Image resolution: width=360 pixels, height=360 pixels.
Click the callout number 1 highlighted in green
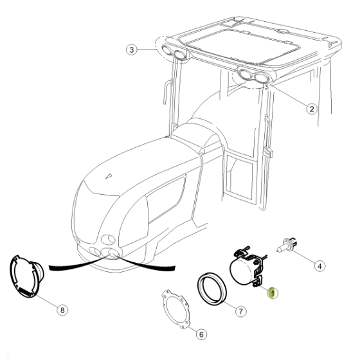click(273, 293)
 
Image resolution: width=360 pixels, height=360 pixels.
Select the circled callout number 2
click(312, 109)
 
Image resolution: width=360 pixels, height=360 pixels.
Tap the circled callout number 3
click(132, 50)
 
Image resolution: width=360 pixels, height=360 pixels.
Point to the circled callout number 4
click(319, 266)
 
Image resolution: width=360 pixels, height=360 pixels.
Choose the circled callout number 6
click(201, 334)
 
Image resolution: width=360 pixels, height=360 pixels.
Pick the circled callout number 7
click(240, 311)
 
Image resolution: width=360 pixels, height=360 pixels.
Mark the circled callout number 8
click(62, 310)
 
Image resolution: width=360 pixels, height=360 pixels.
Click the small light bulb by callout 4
click(287, 245)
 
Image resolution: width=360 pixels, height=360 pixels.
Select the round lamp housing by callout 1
click(247, 268)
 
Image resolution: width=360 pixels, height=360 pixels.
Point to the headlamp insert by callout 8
click(26, 276)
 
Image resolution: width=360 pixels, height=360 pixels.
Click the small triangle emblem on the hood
click(109, 176)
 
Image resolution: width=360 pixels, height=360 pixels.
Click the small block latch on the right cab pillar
click(268, 152)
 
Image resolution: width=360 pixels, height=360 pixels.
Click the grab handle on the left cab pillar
click(167, 93)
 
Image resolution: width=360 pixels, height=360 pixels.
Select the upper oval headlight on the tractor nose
click(108, 239)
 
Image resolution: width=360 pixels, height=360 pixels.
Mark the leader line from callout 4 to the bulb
click(304, 257)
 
